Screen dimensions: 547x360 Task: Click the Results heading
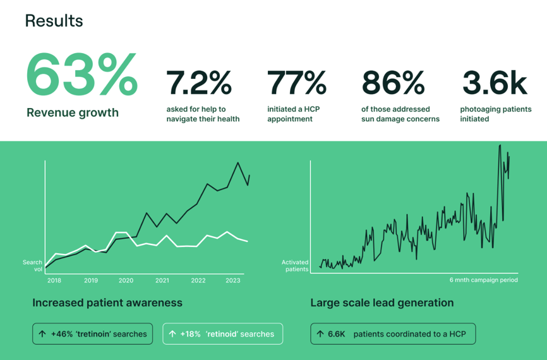coord(54,21)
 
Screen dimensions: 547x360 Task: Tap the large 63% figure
coord(82,75)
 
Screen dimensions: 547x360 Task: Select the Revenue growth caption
coord(73,112)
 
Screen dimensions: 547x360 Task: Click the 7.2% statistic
coord(198,83)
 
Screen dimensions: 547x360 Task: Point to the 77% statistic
coord(296,83)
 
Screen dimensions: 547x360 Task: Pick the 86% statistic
coord(393,83)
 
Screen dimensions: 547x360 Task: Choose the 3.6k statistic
coord(495,83)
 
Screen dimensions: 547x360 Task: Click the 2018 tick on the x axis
coord(54,280)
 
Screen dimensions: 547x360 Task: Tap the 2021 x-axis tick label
coord(162,280)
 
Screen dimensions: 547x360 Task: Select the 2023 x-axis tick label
coord(232,280)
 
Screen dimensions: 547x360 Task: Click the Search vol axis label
coord(32,265)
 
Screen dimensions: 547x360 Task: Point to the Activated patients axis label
coord(295,265)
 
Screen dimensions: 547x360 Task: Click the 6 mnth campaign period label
coord(483,280)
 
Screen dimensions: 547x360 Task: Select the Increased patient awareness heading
coord(107,303)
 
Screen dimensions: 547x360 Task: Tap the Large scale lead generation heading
coord(382,303)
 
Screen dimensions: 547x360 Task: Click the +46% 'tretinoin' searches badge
coord(92,334)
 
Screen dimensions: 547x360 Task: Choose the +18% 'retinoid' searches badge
coord(222,334)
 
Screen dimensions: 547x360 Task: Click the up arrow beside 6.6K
coord(320,334)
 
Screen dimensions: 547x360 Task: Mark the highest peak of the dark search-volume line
coord(238,162)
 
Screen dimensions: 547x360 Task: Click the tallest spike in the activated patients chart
coord(500,145)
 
